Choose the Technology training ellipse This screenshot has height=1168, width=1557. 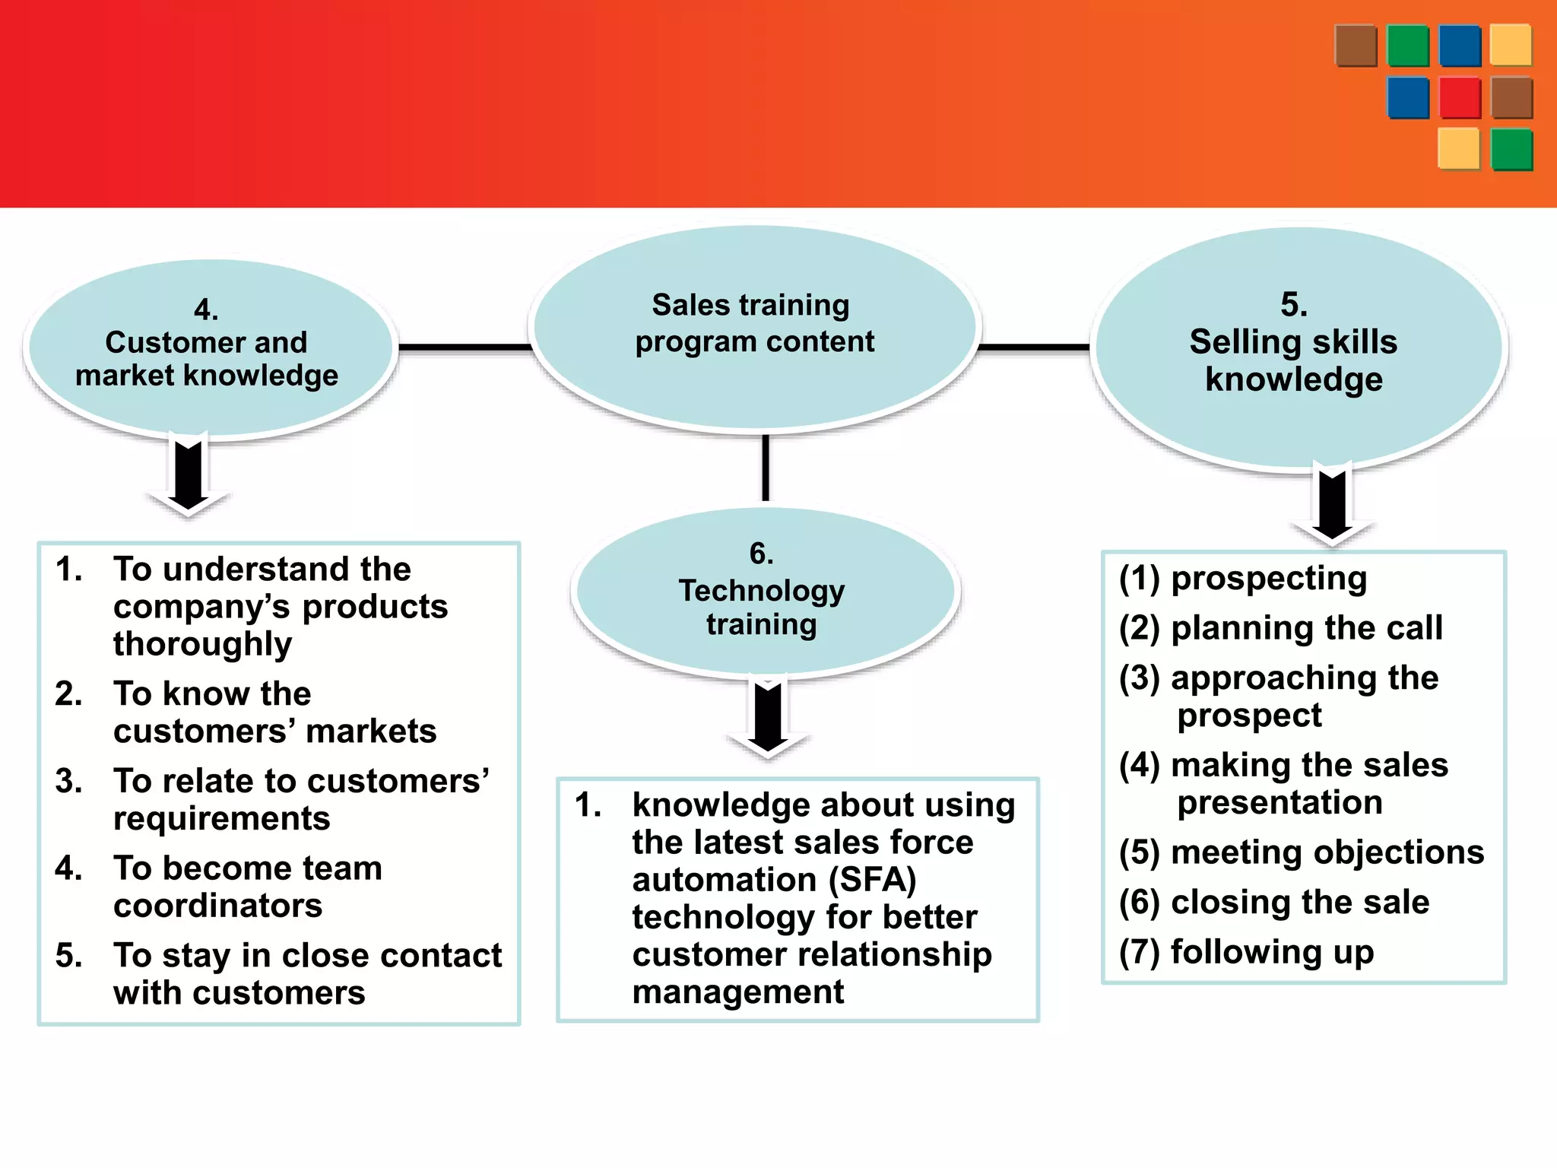tap(764, 592)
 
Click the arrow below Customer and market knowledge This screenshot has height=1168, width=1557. tap(188, 475)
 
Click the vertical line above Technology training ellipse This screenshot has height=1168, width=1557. tap(766, 468)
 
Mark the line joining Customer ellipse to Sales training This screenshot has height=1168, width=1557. tap(464, 348)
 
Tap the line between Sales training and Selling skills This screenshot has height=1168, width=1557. tap(1034, 348)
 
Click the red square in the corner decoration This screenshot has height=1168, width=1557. tap(1460, 97)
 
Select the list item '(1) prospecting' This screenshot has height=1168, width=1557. tap(1243, 579)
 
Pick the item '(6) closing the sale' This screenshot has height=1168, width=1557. tap(1274, 903)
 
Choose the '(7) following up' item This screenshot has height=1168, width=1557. tap(1247, 952)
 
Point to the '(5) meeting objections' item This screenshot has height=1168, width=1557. tap(1302, 852)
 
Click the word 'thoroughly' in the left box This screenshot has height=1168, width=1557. tap(202, 645)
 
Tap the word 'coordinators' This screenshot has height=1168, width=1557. tap(218, 906)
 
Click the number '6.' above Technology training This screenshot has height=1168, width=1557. tap(761, 554)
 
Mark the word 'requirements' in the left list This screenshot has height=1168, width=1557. tap(222, 819)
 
